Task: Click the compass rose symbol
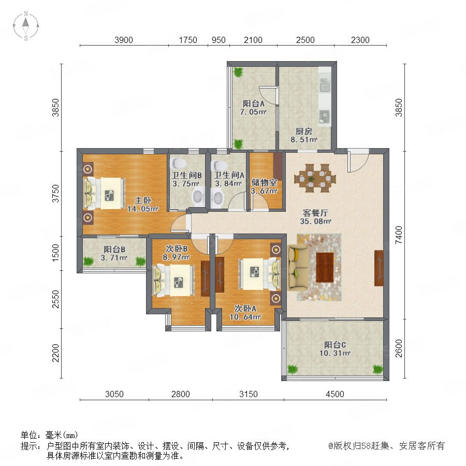26,25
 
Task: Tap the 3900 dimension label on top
124,40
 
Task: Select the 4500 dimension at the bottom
335,394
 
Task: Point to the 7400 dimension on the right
399,235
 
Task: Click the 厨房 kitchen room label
304,131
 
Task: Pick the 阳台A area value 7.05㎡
253,112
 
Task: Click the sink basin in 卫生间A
218,198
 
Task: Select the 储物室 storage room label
264,182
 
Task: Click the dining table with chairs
315,178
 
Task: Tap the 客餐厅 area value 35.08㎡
315,221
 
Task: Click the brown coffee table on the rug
325,267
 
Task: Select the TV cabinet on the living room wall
379,268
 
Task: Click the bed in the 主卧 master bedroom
104,193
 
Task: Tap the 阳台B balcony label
114,250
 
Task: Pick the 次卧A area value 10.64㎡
245,317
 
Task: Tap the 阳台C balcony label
335,345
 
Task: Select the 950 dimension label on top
219,40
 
